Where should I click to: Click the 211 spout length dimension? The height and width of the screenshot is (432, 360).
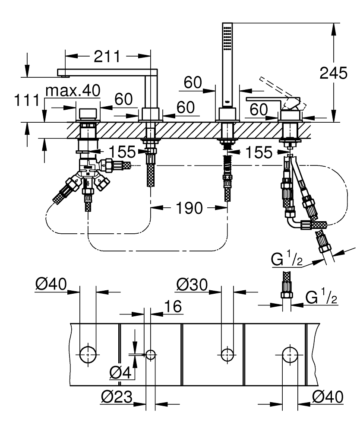107,56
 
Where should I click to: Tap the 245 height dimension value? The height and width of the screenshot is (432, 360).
333,73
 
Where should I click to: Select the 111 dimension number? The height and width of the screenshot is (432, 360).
27,100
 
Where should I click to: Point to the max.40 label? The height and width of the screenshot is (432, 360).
73,90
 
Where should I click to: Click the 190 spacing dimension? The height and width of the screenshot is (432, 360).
189,208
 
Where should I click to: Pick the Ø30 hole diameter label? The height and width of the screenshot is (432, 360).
192,285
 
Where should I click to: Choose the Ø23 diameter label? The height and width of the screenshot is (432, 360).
117,397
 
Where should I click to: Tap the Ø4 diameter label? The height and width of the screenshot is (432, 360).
120,373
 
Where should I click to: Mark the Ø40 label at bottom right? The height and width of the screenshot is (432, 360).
328,397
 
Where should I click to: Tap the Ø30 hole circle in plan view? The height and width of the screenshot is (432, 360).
227,355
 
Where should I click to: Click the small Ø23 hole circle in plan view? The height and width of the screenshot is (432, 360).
151,355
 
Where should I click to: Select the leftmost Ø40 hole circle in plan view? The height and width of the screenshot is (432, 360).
88,355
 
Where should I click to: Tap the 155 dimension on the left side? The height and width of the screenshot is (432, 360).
122,152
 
